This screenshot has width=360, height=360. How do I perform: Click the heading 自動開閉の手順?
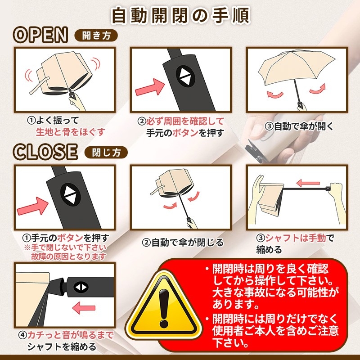pos(180,16)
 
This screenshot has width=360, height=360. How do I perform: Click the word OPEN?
pos(40,35)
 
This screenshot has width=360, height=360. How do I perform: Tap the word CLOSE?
pos(45,152)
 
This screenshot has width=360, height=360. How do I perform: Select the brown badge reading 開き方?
pos(96,36)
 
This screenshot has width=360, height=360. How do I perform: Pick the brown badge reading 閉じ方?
pos(106,152)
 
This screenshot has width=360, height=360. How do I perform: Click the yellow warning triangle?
pos(164,303)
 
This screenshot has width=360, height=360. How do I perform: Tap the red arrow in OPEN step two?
pos(150,87)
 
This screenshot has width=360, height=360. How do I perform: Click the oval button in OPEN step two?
pos(185,76)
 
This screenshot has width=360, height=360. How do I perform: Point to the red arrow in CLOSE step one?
pos(32,207)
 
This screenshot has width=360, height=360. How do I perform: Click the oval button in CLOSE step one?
pos(70,194)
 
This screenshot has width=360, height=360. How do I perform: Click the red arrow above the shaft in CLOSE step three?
pos(308,183)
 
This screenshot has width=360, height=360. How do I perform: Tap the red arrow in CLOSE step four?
pos(84,308)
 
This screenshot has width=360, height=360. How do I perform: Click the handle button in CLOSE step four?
pos(81,287)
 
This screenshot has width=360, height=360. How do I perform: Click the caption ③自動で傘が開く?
pos(299,126)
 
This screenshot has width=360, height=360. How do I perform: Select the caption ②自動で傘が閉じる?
pos(183,243)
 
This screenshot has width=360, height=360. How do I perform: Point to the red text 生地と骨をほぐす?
pos(71,132)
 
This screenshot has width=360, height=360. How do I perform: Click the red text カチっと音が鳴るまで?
pos(71,335)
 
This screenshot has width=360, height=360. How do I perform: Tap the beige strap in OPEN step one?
pos(39,86)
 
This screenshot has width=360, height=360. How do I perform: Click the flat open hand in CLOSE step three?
pos(258,198)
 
